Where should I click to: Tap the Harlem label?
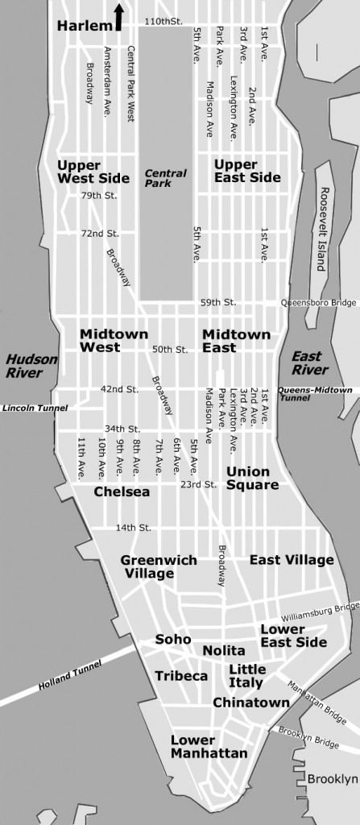pyautogui.click(x=84, y=27)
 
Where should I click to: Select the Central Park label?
pyautogui.click(x=165, y=178)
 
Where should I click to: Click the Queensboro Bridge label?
pyautogui.click(x=317, y=303)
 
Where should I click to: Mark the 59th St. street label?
pyautogui.click(x=217, y=303)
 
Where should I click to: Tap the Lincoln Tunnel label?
pyautogui.click(x=35, y=408)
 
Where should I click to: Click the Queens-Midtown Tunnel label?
pyautogui.click(x=315, y=394)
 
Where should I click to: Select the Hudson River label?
pyautogui.click(x=25, y=366)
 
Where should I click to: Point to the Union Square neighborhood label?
pyautogui.click(x=252, y=478)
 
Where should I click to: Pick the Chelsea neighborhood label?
pyautogui.click(x=122, y=491)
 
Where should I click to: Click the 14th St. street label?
pyautogui.click(x=134, y=528)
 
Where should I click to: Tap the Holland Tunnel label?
pyautogui.click(x=70, y=676)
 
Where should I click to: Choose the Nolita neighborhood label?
pyautogui.click(x=224, y=650)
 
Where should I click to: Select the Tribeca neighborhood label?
pyautogui.click(x=181, y=676)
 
